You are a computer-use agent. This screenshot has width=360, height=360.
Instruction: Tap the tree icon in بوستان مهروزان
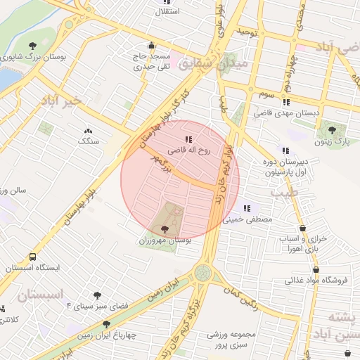pyautogui.click(x=165, y=229)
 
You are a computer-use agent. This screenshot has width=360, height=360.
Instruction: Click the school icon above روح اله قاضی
pyautogui.click(x=188, y=139)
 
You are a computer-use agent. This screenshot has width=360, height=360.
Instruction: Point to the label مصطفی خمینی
pyautogui.click(x=247, y=219)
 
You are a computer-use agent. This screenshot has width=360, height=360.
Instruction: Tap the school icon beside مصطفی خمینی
pyautogui.click(x=247, y=208)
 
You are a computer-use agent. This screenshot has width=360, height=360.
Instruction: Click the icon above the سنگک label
pyautogui.click(x=89, y=131)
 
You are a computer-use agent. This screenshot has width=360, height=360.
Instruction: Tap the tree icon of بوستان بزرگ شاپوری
pyautogui.click(x=33, y=46)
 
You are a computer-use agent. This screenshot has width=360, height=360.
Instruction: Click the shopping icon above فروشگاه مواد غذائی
pyautogui.click(x=316, y=269)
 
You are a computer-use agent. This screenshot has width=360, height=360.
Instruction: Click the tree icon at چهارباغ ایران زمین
pyautogui.click(x=106, y=324)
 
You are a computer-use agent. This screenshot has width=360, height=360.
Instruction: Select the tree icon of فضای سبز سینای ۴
pyautogui.click(x=96, y=296)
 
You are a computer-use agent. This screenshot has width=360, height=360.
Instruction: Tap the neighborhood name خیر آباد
pyautogui.click(x=62, y=101)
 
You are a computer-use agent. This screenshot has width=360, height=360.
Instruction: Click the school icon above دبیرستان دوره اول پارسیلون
pyautogui.click(x=285, y=150)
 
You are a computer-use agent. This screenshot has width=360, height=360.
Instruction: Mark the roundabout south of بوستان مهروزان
pyautogui.click(x=203, y=272)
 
